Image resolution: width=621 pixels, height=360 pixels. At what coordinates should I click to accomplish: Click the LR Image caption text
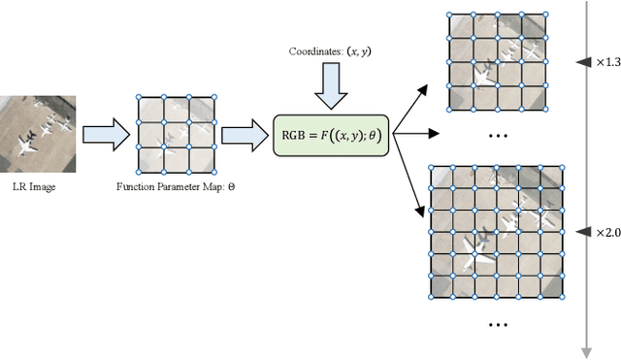pos(33,186)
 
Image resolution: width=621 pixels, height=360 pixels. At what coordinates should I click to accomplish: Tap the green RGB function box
pos(332,134)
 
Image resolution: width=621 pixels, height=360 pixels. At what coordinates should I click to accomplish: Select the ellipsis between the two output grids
pos(498,135)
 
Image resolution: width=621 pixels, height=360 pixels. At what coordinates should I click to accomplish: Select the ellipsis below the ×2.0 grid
pos(498,322)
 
